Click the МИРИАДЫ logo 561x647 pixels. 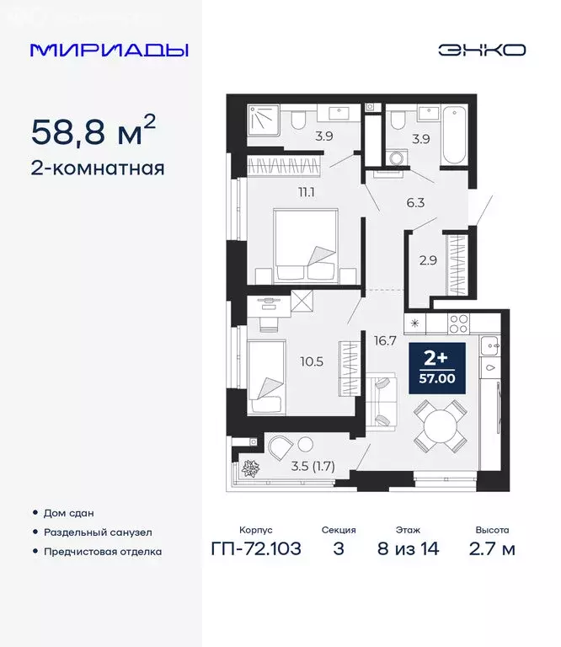[x=110, y=50]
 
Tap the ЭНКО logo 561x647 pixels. [x=482, y=50]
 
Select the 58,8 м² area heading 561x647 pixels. [x=93, y=131]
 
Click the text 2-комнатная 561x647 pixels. [x=98, y=168]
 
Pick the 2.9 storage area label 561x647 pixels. [x=428, y=259]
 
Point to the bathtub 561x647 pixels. [x=453, y=136]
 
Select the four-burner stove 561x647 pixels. [x=460, y=322]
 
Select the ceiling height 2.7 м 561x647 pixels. [x=493, y=550]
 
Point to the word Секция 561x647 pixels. [x=339, y=531]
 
